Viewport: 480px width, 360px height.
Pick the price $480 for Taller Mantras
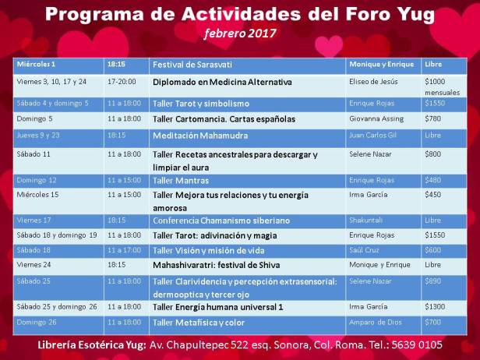pos(432,180)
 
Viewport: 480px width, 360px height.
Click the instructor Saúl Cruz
pos(365,250)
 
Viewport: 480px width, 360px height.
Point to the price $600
pos(432,250)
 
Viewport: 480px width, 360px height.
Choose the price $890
pos(432,281)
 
